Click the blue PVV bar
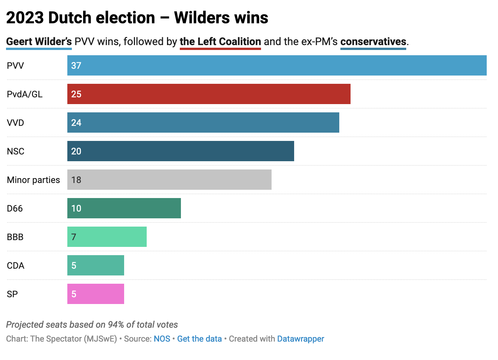click(277, 65)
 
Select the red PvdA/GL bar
click(209, 94)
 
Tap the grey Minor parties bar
click(169, 180)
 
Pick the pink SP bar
click(96, 294)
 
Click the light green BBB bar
click(107, 237)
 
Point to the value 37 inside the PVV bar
click(76, 65)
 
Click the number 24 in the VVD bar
click(76, 123)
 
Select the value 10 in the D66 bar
click(76, 208)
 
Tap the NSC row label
click(15, 151)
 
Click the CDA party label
click(15, 265)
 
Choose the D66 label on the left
click(15, 208)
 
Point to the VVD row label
click(15, 123)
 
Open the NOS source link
click(162, 339)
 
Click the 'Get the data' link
click(199, 339)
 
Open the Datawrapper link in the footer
click(301, 339)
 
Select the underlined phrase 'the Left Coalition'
click(220, 41)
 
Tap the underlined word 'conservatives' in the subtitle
click(373, 41)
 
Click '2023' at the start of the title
click(25, 18)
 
